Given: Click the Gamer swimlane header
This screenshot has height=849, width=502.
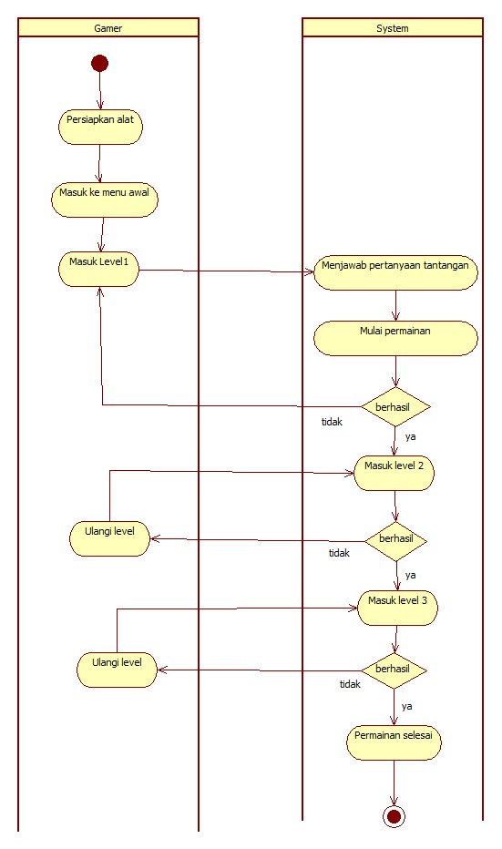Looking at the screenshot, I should (108, 28).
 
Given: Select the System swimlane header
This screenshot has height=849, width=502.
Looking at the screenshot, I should (392, 28).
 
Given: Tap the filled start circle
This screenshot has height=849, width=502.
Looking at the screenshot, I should (99, 63).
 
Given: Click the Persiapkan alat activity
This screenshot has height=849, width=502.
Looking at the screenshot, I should (100, 126).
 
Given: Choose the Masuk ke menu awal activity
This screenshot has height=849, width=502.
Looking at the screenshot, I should (104, 199).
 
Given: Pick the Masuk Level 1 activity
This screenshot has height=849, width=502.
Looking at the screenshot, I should (99, 269).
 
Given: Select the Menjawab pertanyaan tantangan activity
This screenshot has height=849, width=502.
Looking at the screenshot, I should (395, 272).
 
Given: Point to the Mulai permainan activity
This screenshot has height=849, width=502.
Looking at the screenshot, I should (395, 337).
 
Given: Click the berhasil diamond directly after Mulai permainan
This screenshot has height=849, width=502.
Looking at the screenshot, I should (394, 405).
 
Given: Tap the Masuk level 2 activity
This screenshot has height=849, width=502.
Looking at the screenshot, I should (394, 473).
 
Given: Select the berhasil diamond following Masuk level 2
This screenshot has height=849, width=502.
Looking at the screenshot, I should (395, 539).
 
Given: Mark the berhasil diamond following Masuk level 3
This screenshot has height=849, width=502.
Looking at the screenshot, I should (394, 670).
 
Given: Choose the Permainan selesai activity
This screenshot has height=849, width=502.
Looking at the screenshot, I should (394, 743).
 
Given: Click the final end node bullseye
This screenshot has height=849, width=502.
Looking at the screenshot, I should (394, 816).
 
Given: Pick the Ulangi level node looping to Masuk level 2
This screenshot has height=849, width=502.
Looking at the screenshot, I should (110, 537).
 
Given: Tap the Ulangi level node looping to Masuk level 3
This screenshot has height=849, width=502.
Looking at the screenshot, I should (117, 668).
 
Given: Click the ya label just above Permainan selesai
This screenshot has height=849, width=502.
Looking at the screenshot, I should (407, 706).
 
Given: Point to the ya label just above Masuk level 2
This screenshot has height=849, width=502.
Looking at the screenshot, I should (411, 437).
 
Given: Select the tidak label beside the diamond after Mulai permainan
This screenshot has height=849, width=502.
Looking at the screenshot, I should (333, 422).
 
